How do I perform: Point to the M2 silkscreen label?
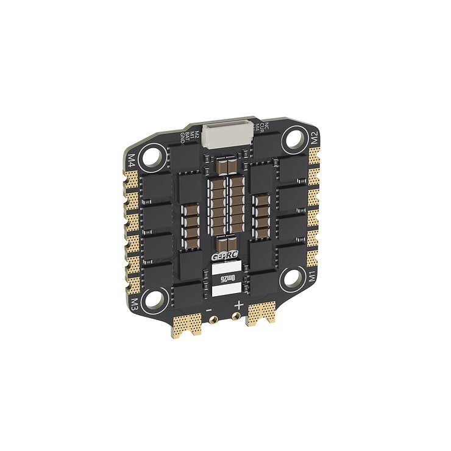point(315,138)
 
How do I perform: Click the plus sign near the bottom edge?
point(240,305)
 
